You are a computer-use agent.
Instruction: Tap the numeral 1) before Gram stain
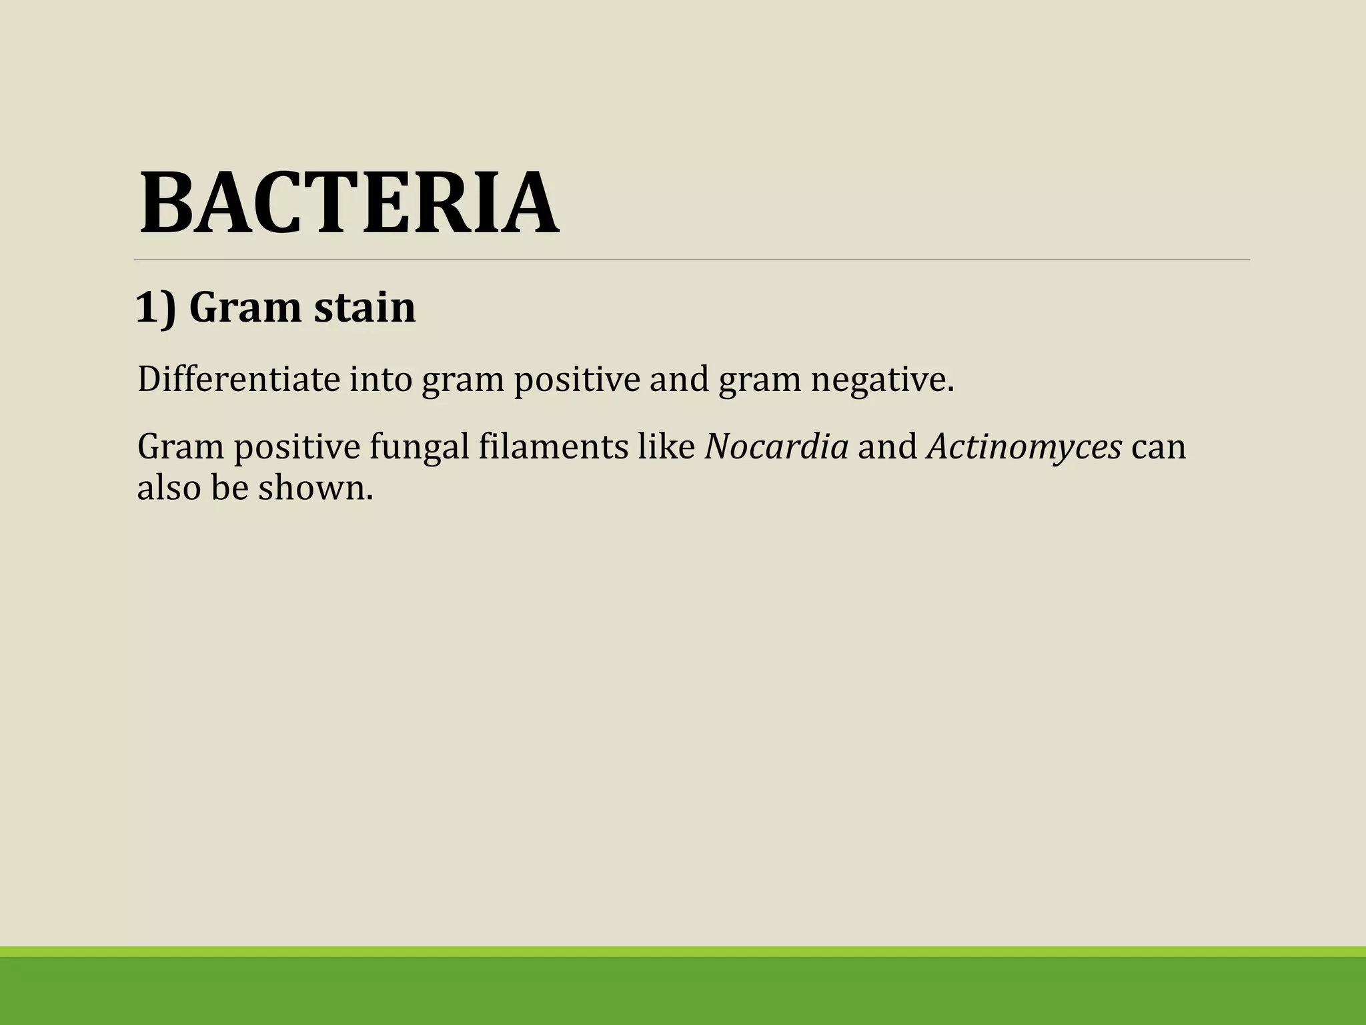pyautogui.click(x=156, y=308)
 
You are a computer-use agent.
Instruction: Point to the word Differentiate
pyautogui.click(x=238, y=379)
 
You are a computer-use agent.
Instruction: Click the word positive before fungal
pyautogui.click(x=296, y=447)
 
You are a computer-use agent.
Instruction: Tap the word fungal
pyautogui.click(x=420, y=447)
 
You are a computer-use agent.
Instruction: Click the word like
pyautogui.click(x=666, y=446)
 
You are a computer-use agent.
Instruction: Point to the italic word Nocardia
pyautogui.click(x=776, y=446)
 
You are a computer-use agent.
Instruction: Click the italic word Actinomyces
pyautogui.click(x=1024, y=447)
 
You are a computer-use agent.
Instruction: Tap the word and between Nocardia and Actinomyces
pyautogui.click(x=887, y=446)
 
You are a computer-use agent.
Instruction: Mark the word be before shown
pyautogui.click(x=229, y=487)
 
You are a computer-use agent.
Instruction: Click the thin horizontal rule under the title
pyautogui.click(x=692, y=260)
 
